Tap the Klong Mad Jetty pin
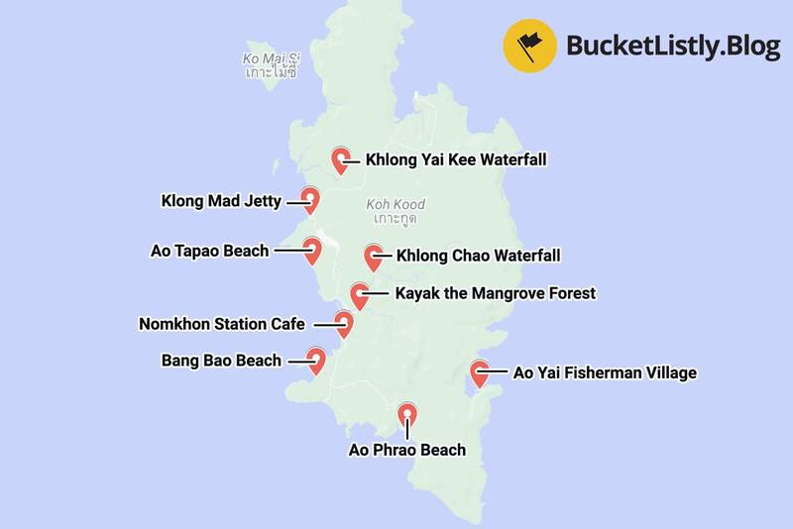(309, 199)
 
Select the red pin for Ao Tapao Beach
(312, 250)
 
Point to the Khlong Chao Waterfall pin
(374, 256)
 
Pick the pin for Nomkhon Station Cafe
(344, 323)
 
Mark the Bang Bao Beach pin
(316, 361)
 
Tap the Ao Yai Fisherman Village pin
(480, 373)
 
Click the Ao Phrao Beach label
(406, 451)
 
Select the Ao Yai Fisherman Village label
(605, 373)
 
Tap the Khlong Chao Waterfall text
(478, 256)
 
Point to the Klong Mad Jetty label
(221, 201)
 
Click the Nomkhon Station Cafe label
(224, 324)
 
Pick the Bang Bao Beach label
(221, 361)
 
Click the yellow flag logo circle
(529, 46)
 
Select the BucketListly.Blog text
(673, 46)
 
